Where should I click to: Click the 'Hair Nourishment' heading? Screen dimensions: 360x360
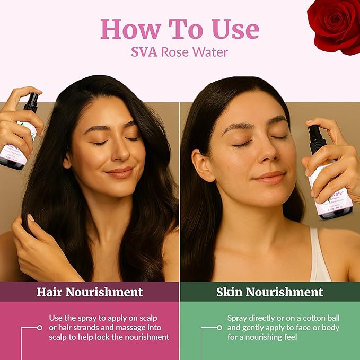tap(90, 292)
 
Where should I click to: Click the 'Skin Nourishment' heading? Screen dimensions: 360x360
tap(269, 292)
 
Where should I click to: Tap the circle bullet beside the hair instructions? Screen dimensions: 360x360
tap(39, 328)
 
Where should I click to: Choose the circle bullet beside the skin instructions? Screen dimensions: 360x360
tap(219, 328)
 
